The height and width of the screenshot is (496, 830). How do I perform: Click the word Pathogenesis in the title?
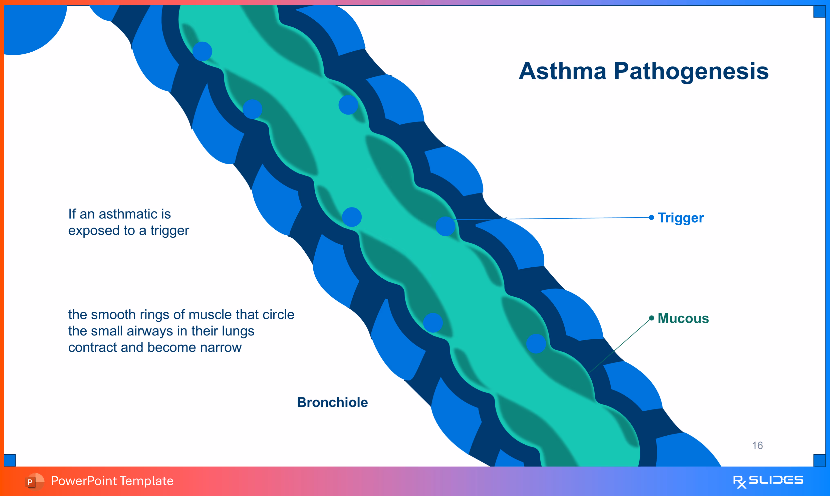tap(691, 72)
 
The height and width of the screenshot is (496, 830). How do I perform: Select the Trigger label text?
tap(681, 218)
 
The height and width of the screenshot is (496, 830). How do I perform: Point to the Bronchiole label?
tap(332, 402)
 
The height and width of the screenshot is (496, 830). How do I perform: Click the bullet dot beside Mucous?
tap(651, 318)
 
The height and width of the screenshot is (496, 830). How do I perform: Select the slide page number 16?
tap(757, 446)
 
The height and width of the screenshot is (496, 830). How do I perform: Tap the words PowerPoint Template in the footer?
tap(112, 481)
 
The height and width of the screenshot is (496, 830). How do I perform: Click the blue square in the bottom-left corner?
tap(10, 460)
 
